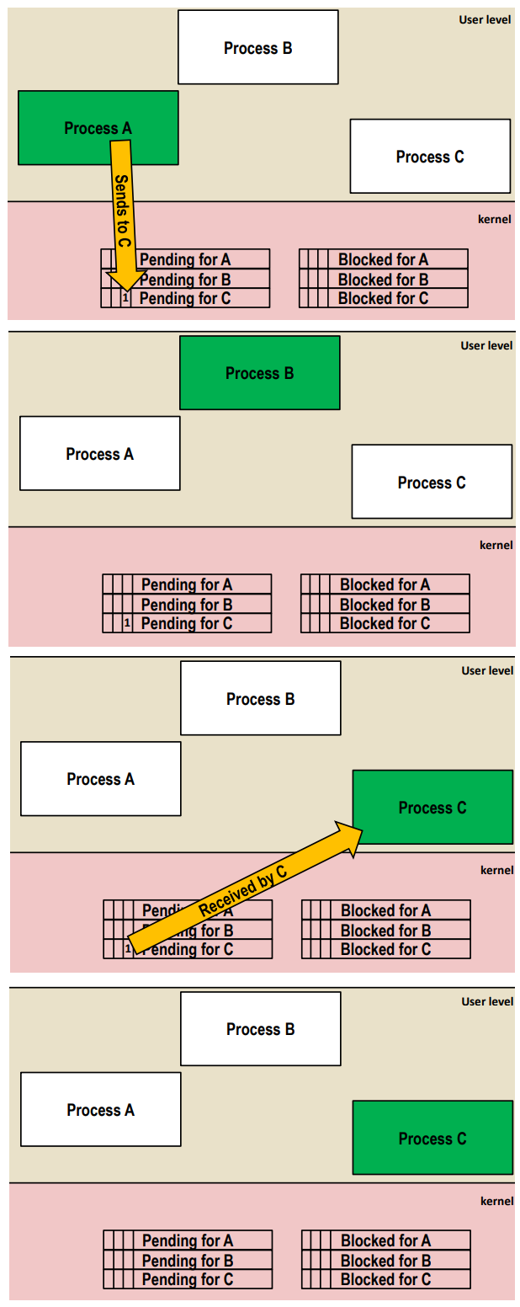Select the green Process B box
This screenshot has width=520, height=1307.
259,373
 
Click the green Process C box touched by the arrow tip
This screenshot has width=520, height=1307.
432,808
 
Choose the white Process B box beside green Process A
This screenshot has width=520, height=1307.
257,48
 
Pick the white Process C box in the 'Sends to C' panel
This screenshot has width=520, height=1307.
430,157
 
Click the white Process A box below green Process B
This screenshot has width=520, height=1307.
99,454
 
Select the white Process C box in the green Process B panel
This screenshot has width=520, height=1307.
432,483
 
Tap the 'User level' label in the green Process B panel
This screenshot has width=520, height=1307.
486,345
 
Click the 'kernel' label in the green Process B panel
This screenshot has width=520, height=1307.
496,545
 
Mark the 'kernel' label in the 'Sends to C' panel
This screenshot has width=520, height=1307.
494,219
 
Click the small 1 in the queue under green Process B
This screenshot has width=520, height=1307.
127,624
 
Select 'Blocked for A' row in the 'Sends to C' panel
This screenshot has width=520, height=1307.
383,259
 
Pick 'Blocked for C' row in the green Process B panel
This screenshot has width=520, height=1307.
385,624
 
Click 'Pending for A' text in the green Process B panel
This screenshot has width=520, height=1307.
187,584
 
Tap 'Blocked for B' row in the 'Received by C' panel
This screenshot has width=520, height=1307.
385,931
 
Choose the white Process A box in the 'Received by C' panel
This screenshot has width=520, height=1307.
100,779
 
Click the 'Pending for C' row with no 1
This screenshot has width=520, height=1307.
188,1279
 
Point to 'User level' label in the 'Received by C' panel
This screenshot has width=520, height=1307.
487,671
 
